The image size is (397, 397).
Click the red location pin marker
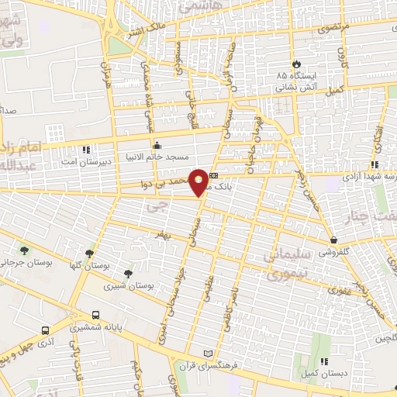198,181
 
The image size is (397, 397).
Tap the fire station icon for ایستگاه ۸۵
295,64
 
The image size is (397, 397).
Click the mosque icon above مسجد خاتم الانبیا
157,144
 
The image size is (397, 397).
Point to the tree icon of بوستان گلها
91,253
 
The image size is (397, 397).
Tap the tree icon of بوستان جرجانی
25,250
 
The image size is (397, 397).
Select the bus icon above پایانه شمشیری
95,315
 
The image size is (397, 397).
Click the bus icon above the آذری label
46,329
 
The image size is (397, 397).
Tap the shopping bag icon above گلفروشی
333,240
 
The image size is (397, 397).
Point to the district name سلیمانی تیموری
288,264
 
